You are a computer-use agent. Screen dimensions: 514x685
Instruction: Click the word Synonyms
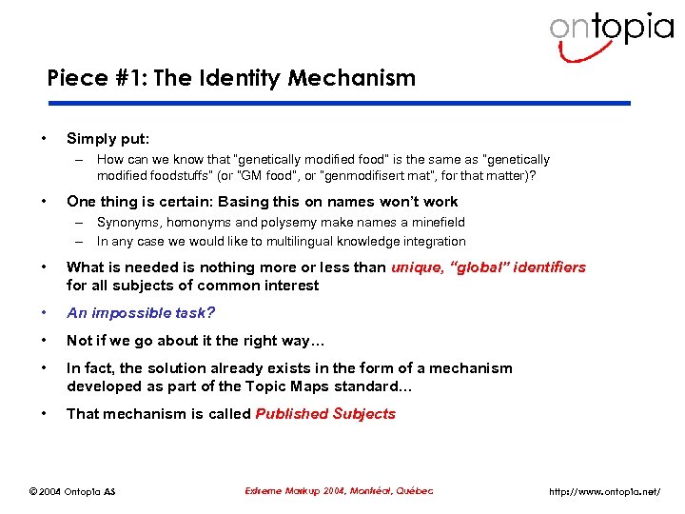pos(129,223)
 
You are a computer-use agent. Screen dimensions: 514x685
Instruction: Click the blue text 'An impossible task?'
pos(141,313)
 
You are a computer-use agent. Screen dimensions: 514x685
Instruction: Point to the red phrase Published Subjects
pos(325,414)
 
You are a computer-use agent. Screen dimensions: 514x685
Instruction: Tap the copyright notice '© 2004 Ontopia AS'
pos(77,491)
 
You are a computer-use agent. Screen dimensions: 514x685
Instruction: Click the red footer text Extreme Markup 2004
pos(294,491)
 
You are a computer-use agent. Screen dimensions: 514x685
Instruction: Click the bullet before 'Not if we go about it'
pos(45,341)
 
